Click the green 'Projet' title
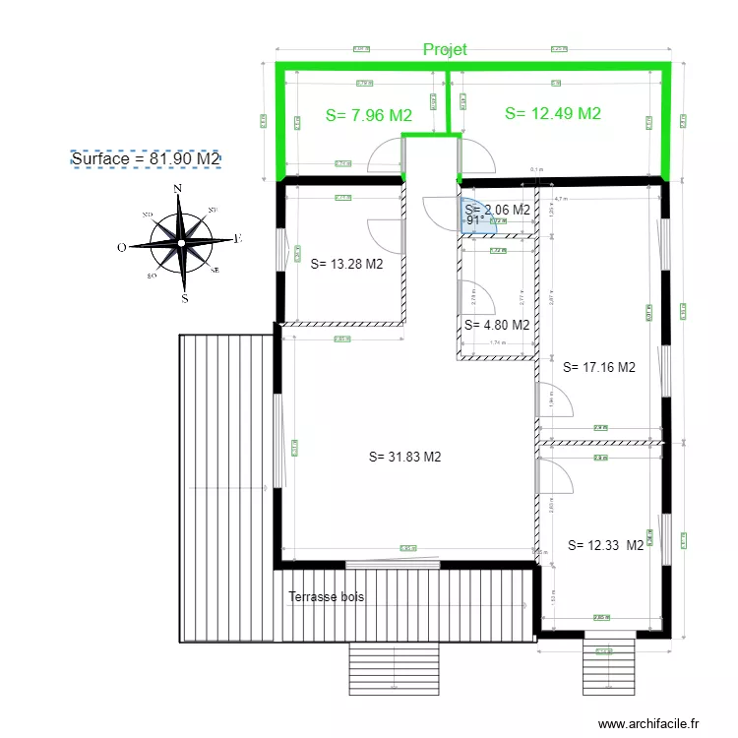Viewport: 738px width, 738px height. pyautogui.click(x=445, y=49)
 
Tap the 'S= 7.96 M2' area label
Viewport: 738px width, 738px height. pyautogui.click(x=369, y=115)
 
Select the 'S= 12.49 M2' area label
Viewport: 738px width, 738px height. pyautogui.click(x=552, y=113)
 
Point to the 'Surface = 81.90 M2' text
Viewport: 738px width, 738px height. pyautogui.click(x=146, y=158)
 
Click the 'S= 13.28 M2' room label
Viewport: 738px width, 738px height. pyautogui.click(x=346, y=264)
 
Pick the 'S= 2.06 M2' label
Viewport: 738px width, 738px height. pyautogui.click(x=497, y=210)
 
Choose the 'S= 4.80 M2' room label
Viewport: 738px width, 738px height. pyautogui.click(x=497, y=325)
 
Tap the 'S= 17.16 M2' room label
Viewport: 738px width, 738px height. pyautogui.click(x=599, y=367)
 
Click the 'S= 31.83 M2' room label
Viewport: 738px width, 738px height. pyautogui.click(x=404, y=457)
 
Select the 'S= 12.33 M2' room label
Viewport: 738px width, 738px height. pyautogui.click(x=606, y=544)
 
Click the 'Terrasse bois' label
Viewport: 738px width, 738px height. pyautogui.click(x=327, y=597)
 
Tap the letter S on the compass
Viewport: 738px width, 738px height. pyautogui.click(x=184, y=296)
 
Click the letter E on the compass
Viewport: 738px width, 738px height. pyautogui.click(x=238, y=238)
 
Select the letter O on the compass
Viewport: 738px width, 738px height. pyautogui.click(x=121, y=248)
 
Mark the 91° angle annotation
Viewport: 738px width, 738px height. pyautogui.click(x=474, y=221)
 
